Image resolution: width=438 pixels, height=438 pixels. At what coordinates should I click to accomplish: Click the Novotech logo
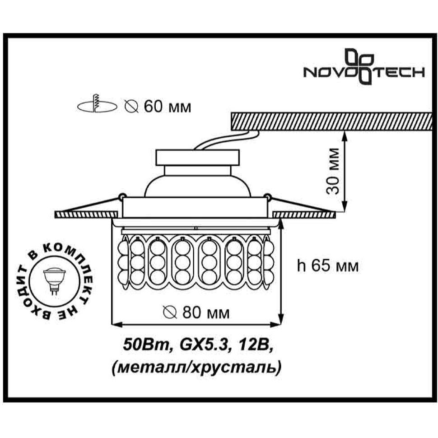(x=364, y=67)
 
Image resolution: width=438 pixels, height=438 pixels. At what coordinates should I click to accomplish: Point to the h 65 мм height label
(x=328, y=266)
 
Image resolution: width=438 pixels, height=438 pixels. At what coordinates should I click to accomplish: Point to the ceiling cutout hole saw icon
(x=97, y=104)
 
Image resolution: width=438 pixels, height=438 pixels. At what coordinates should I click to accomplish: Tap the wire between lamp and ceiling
(x=226, y=141)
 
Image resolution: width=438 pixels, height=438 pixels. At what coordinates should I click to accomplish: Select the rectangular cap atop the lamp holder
(x=197, y=158)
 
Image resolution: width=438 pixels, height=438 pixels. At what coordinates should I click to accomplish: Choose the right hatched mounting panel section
(x=304, y=214)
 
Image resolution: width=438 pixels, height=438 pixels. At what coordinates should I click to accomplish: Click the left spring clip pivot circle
(x=121, y=197)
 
